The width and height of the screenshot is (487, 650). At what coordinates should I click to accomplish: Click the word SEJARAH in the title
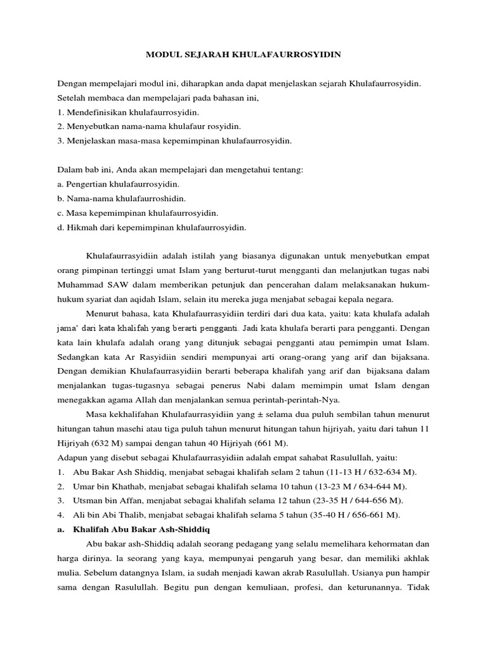coord(202,55)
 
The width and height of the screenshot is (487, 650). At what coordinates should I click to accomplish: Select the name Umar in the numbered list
coord(84,486)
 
